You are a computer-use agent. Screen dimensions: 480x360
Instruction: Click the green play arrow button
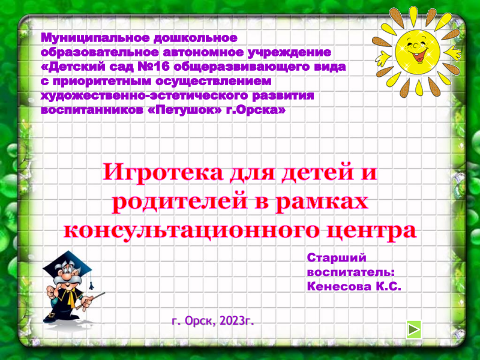pos(414,329)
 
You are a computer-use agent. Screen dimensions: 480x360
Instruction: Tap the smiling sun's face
pos(417,51)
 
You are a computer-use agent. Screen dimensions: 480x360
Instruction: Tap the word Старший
pos(337,258)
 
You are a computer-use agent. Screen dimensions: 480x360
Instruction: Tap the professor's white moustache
pos(71,280)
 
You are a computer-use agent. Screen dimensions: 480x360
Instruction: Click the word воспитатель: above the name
pos(351,272)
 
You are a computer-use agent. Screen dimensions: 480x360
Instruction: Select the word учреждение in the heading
pos(289,52)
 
